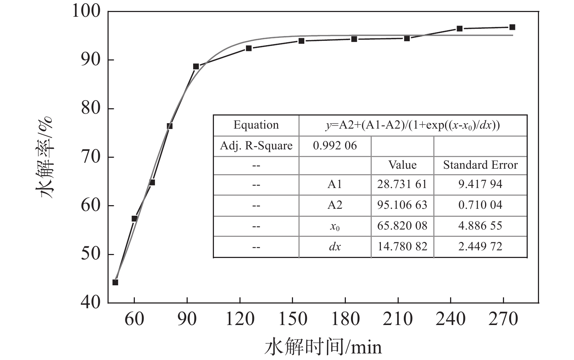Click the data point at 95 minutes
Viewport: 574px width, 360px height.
point(196,66)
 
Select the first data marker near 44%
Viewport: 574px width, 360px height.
point(115,282)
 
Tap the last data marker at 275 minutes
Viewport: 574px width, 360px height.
point(512,27)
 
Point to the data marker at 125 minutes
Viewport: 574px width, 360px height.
point(249,48)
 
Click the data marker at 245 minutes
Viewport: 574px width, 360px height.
point(460,28)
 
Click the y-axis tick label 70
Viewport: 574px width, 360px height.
point(90,157)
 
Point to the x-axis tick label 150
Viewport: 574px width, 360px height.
point(292,319)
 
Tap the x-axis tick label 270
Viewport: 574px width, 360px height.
point(503,319)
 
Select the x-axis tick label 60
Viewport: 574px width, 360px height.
point(134,319)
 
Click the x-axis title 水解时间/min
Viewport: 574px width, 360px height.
point(323,346)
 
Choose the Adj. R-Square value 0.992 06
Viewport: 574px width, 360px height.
point(335,146)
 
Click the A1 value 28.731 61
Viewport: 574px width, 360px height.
point(402,184)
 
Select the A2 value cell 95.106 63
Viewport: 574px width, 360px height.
point(402,205)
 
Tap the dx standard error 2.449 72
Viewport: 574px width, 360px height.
point(480,247)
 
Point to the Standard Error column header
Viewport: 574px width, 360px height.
point(480,165)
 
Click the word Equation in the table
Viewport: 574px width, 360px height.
point(256,125)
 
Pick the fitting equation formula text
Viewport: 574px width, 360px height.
point(413,125)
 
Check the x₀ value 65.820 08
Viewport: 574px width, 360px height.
point(402,226)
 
